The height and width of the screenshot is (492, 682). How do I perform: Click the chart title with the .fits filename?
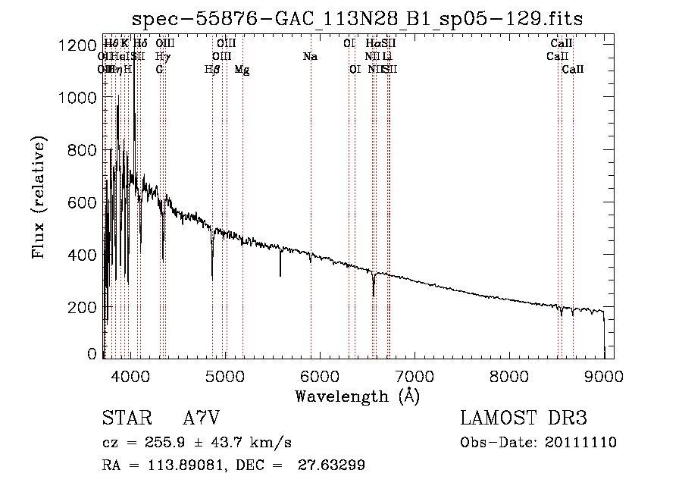[356, 19]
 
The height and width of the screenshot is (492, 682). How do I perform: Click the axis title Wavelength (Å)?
[357, 396]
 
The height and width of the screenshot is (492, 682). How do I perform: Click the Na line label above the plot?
[310, 56]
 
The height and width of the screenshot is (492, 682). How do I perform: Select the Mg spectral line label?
[242, 69]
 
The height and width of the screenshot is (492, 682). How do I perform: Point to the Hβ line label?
[212, 69]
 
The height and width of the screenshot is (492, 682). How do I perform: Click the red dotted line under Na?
[311, 190]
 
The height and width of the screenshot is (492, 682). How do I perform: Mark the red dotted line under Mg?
[242, 190]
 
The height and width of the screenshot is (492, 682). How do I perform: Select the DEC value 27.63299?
[333, 465]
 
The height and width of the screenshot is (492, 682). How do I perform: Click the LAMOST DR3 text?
[524, 418]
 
